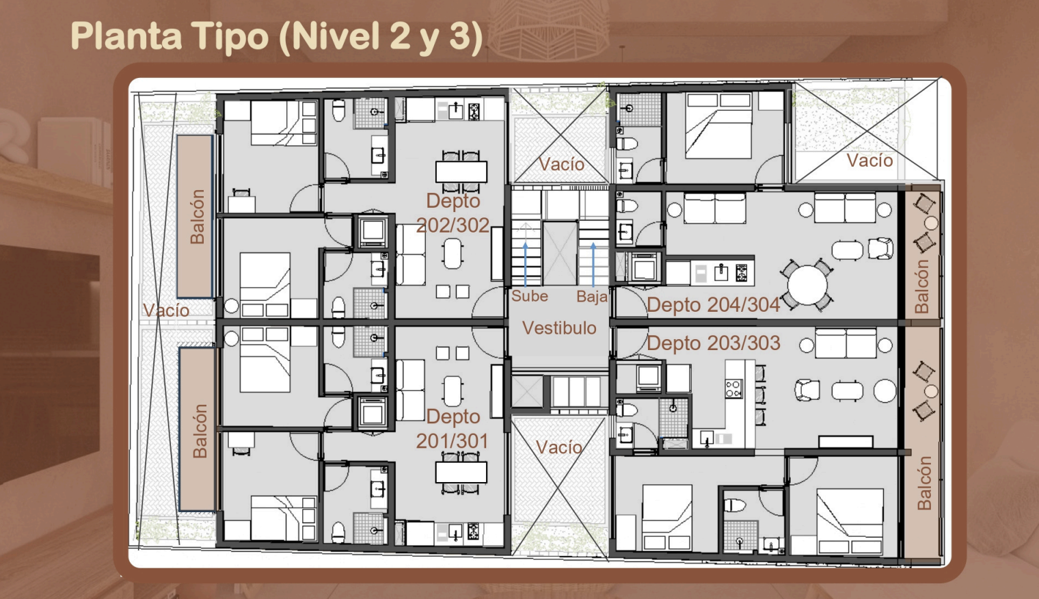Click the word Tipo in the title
pyautogui.click(x=230, y=36)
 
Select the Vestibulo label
pyautogui.click(x=559, y=328)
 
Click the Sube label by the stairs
pyautogui.click(x=530, y=296)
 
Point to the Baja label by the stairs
pyautogui.click(x=592, y=297)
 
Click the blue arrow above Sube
pyautogui.click(x=526, y=263)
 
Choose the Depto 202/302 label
pyautogui.click(x=453, y=213)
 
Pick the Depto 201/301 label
pyautogui.click(x=453, y=429)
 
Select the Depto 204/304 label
pyautogui.click(x=714, y=305)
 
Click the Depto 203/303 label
pyautogui.click(x=714, y=343)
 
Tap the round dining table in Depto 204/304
pyautogui.click(x=807, y=285)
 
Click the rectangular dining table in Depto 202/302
pyautogui.click(x=461, y=172)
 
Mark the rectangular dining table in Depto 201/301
pyautogui.click(x=461, y=472)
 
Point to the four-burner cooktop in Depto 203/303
pyautogui.click(x=734, y=388)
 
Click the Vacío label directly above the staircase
pyautogui.click(x=561, y=164)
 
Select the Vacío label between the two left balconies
pyautogui.click(x=166, y=310)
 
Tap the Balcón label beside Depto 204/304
pyautogui.click(x=921, y=287)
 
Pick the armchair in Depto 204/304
pyautogui.click(x=880, y=249)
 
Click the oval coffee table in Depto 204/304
pyautogui.click(x=847, y=250)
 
